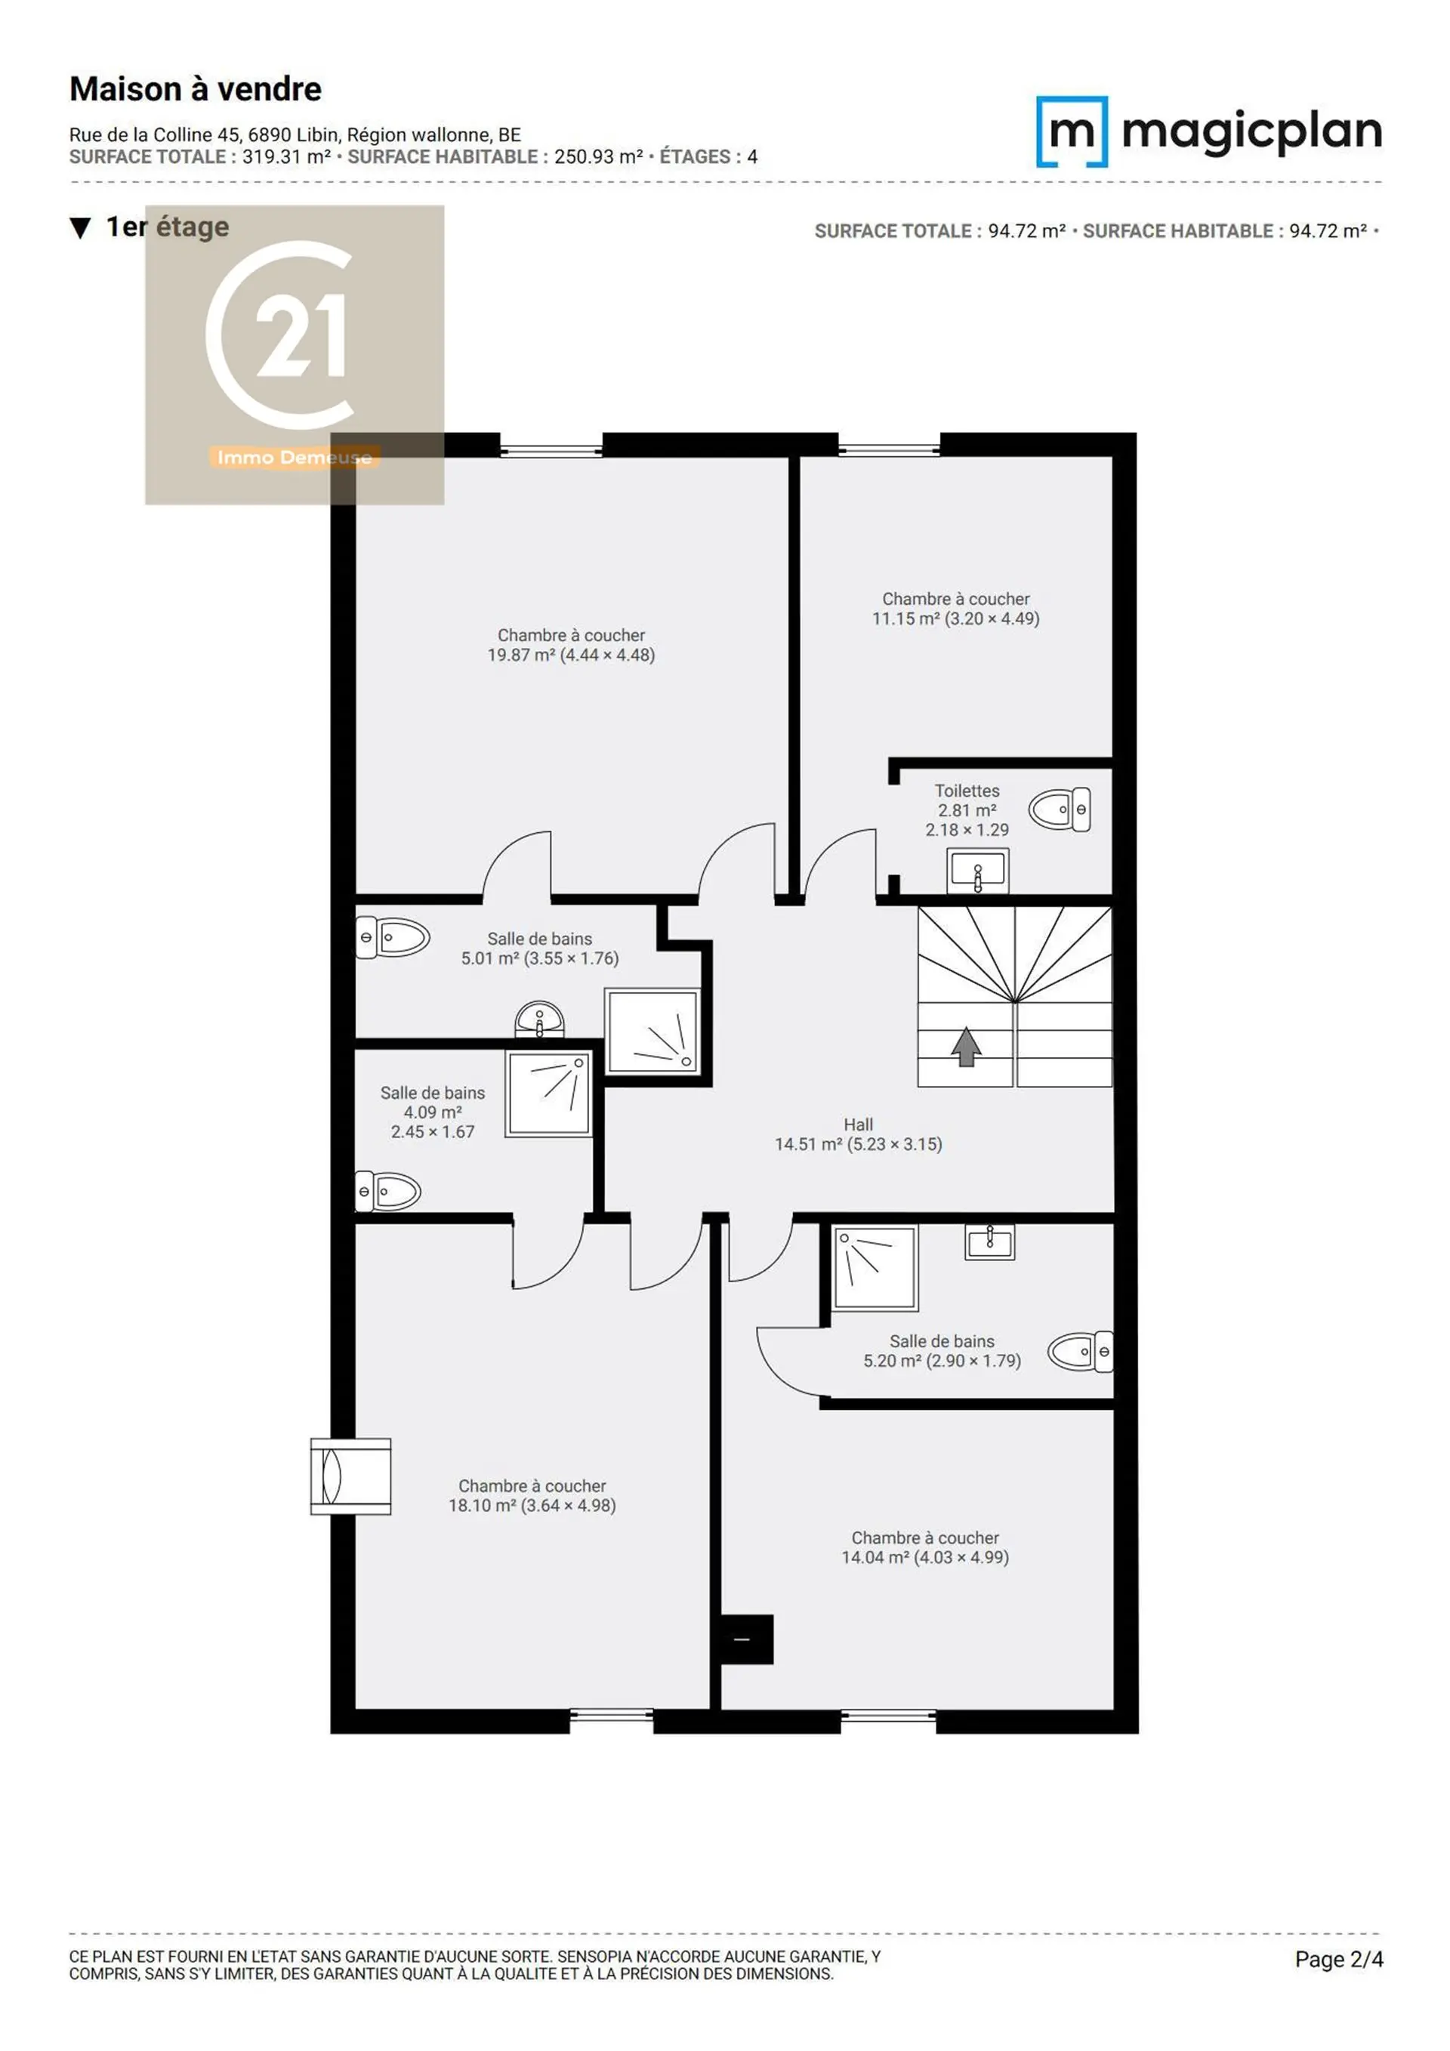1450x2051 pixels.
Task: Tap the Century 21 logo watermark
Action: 295,355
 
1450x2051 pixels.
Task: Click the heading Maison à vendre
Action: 196,89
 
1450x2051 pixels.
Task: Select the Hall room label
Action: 858,1133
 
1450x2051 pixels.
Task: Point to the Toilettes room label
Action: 967,810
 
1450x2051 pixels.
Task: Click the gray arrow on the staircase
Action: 966,1046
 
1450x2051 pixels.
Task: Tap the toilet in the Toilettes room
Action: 1060,810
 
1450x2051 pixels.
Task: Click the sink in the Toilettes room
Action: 977,870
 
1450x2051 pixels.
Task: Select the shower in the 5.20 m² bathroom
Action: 875,1268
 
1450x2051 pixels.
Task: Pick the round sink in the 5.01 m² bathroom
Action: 540,1020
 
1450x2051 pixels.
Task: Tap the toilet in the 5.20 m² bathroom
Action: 1080,1352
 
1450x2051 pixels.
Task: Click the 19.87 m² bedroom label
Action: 571,645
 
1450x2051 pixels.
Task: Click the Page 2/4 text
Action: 1338,1959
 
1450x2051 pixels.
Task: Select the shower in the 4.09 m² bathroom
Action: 548,1093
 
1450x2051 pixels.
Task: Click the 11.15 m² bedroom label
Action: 955,609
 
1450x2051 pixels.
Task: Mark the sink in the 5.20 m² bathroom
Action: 989,1241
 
